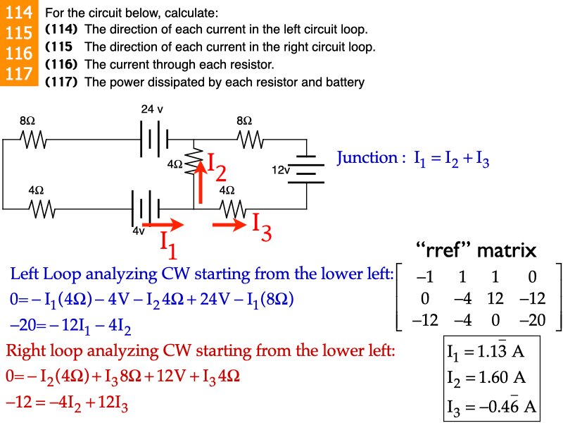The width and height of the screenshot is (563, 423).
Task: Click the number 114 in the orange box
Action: click(18, 13)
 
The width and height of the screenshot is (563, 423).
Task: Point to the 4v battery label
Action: click(138, 231)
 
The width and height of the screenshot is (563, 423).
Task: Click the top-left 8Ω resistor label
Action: click(27, 121)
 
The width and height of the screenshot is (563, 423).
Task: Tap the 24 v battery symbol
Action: click(153, 139)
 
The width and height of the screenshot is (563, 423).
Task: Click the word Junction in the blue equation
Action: click(367, 158)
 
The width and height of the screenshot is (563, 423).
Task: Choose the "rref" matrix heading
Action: click(476, 250)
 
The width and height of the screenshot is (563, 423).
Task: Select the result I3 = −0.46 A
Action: click(491, 406)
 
